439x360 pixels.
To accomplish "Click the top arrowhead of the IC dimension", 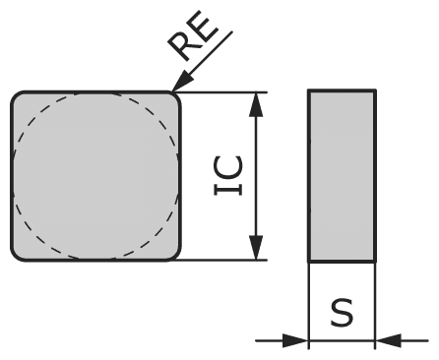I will pyautogui.click(x=256, y=103).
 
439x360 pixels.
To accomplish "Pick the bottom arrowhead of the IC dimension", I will pyautogui.click(x=256, y=250).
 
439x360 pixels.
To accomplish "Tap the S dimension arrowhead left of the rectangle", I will pyautogui.click(x=295, y=341).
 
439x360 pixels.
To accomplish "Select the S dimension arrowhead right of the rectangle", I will pyautogui.click(x=389, y=341).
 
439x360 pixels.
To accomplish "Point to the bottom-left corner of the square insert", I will pyautogui.click(x=18, y=255).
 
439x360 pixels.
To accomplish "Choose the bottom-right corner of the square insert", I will pyautogui.click(x=175, y=255).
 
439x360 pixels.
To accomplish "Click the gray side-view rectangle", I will pyautogui.click(x=342, y=177).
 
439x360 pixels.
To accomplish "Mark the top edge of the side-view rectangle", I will pyautogui.click(x=342, y=91).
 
